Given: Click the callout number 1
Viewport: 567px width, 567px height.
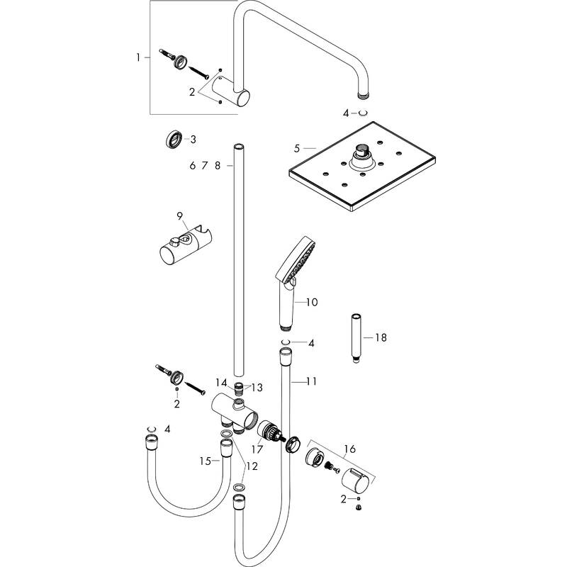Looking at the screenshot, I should pyautogui.click(x=140, y=56).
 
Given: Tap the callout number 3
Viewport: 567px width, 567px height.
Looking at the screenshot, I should pyautogui.click(x=192, y=139).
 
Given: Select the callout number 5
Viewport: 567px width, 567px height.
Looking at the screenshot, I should pyautogui.click(x=298, y=148).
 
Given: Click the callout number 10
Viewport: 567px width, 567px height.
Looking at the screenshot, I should pyautogui.click(x=311, y=303).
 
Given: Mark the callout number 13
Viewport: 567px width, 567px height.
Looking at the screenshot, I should pyautogui.click(x=257, y=387).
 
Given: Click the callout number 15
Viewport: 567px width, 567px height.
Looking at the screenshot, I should pyautogui.click(x=205, y=461).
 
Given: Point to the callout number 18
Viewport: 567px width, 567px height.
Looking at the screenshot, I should pyautogui.click(x=381, y=337).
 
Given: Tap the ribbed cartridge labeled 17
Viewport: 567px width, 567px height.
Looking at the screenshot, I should pyautogui.click(x=268, y=432).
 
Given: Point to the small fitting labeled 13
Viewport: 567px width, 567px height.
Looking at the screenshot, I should pyautogui.click(x=241, y=388).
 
